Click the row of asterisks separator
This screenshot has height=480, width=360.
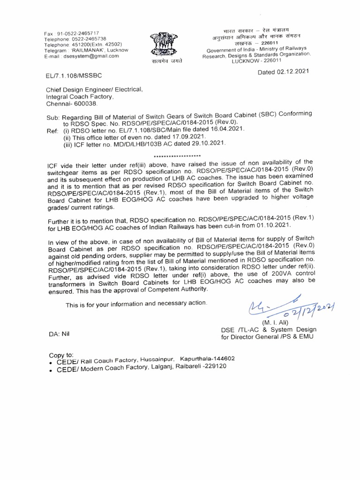click(178, 156)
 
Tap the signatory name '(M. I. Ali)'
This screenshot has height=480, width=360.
click(277, 322)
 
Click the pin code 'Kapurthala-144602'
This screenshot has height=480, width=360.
click(207, 359)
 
